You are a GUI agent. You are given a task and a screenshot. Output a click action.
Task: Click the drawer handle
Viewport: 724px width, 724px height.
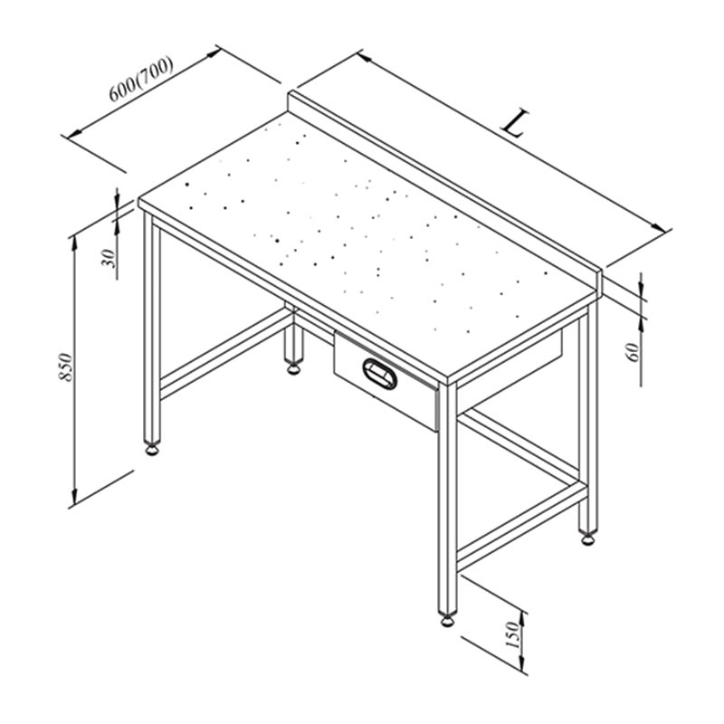click(x=379, y=370)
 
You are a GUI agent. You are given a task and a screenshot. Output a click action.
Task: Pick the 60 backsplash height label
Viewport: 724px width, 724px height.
click(x=633, y=348)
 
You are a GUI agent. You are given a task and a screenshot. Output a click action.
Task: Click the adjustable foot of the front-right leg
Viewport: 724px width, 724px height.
click(x=447, y=621)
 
